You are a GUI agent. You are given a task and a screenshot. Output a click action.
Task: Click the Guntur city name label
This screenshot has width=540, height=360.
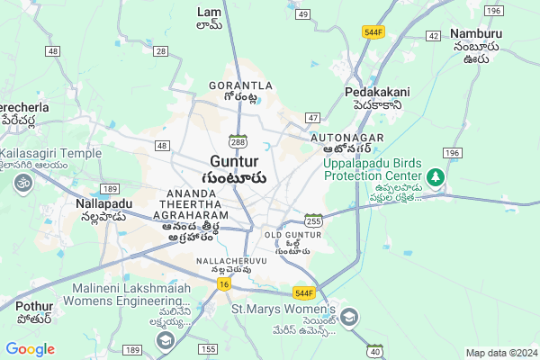238,161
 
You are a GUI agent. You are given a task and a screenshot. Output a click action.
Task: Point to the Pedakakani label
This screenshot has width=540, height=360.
377,92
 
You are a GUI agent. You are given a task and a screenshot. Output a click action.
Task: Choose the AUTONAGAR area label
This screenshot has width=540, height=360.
346,137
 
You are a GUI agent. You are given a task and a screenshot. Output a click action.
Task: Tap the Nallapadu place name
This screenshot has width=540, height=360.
103,203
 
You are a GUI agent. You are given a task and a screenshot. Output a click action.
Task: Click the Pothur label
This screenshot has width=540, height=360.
34,307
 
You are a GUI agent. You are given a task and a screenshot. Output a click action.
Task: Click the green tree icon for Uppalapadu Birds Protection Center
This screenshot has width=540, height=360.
436,177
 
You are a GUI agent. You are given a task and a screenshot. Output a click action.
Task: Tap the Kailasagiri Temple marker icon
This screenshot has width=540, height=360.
22,183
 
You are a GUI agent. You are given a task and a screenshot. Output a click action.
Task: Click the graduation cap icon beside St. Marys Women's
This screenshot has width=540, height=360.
349,318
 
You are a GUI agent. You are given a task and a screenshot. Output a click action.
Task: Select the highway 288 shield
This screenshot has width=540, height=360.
238,141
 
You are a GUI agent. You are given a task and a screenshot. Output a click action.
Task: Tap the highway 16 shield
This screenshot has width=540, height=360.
223,283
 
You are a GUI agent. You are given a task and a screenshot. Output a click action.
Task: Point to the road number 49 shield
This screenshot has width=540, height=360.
302,14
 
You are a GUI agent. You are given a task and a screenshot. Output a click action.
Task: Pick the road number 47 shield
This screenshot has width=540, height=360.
312,118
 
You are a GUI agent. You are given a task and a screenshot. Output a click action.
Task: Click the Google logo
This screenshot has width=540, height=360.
31,348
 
